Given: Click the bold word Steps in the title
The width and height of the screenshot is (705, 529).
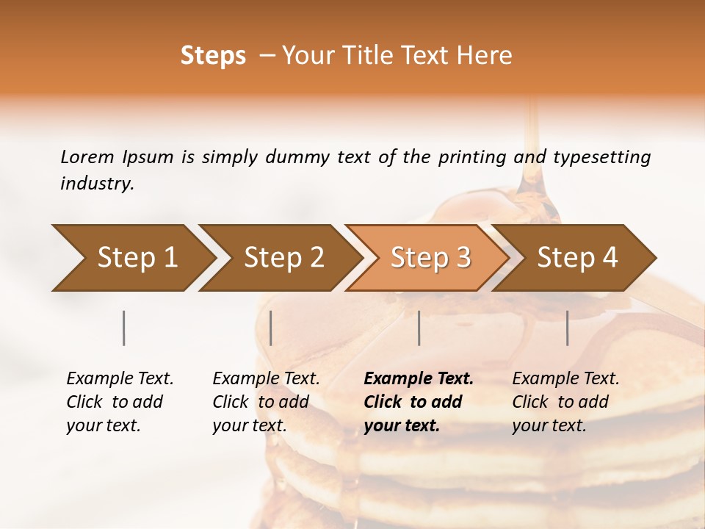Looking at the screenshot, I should coord(213,56).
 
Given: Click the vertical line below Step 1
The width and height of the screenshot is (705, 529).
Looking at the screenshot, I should coord(124,328).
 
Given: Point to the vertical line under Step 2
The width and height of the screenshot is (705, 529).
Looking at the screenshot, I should coord(271,328).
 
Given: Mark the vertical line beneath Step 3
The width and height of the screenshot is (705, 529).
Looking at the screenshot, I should coord(419,328).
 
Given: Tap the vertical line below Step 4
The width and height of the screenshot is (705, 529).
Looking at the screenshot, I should coord(568,328).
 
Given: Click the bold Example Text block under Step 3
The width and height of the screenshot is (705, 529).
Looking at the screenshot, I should coord(419,402).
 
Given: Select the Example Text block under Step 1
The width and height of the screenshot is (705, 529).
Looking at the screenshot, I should coord(120,402).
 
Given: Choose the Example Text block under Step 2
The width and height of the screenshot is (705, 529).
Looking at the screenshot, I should coord(266,402).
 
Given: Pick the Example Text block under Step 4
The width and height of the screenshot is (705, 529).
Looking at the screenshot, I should coord(565,402).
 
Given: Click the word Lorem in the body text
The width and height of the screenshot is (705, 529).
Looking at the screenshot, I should coord(87,156).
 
